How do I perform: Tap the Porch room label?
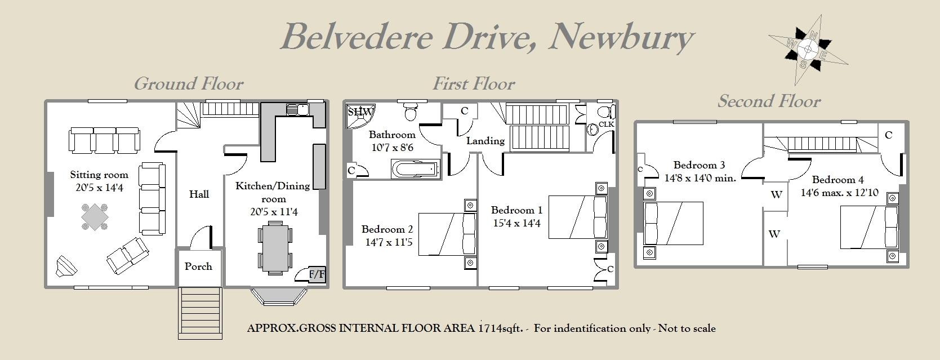(198, 266)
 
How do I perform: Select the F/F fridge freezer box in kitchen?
(317, 274)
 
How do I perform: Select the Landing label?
(485, 141)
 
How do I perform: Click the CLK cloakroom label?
(606, 124)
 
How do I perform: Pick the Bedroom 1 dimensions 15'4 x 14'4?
(516, 223)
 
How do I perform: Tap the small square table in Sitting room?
(95, 217)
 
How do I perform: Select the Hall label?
(199, 194)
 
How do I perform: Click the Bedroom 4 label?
(837, 180)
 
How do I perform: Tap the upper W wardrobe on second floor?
(776, 195)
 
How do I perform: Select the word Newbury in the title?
(621, 37)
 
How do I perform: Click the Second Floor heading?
(769, 101)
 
